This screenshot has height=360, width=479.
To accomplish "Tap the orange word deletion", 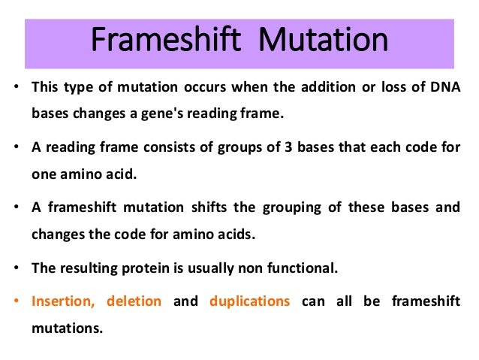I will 134,301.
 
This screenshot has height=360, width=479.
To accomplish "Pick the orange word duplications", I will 249,301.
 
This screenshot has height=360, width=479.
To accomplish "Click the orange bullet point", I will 17,301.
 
